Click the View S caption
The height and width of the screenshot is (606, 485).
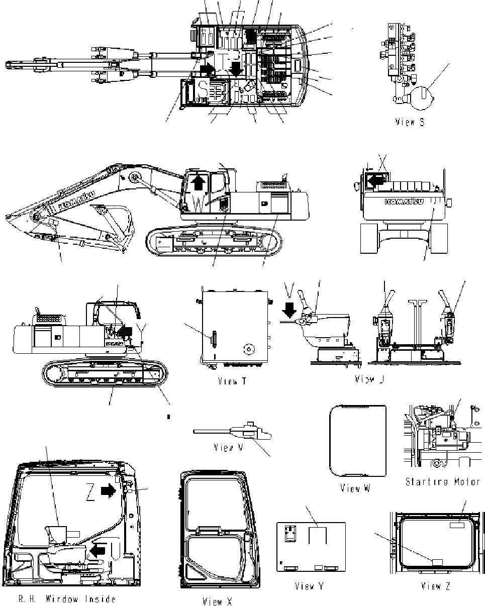[410, 122]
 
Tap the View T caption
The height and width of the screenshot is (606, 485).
[232, 381]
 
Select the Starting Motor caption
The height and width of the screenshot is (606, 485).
[443, 481]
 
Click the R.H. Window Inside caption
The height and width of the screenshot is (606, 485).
[67, 598]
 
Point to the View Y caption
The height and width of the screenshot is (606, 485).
[312, 586]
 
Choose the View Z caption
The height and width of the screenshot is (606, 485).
[436, 586]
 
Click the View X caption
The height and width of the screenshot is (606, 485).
[218, 601]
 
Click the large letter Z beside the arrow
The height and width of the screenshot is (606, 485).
[90, 495]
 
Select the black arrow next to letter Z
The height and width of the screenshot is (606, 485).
[108, 491]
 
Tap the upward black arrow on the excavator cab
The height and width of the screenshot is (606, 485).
[199, 182]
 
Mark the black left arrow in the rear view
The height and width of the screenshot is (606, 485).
[374, 180]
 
